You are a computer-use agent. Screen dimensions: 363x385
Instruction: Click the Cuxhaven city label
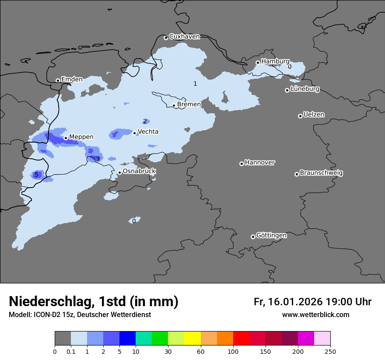[x=184, y=37]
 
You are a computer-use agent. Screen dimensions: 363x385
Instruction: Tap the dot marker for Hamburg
[x=258, y=63]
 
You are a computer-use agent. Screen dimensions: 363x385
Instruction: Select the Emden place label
[x=72, y=80]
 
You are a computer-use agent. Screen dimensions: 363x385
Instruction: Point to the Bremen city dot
[x=174, y=105]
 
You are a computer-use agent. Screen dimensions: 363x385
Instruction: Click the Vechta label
[x=148, y=132]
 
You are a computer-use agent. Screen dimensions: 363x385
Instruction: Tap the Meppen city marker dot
[x=66, y=138]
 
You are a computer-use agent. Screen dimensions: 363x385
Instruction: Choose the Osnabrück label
[x=139, y=171]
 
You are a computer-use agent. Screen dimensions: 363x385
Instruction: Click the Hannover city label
[x=259, y=163]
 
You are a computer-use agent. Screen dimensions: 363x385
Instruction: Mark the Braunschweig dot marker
[x=296, y=174]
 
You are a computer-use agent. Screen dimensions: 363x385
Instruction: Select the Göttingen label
[x=271, y=235]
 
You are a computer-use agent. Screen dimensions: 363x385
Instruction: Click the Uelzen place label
[x=314, y=115]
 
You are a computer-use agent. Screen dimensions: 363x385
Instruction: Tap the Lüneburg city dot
[x=287, y=90]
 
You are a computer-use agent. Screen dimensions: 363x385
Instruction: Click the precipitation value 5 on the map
[x=36, y=175]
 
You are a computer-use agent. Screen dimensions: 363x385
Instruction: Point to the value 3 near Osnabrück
[x=98, y=158]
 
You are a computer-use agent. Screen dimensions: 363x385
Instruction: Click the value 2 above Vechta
[x=145, y=121]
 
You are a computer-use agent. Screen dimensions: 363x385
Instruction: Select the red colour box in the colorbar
[x=241, y=339]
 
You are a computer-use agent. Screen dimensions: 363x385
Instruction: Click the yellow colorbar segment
[x=192, y=339]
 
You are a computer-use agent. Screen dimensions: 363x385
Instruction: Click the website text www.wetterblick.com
[x=315, y=314]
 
